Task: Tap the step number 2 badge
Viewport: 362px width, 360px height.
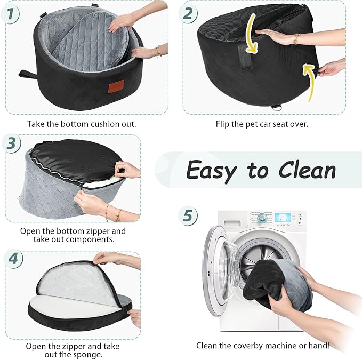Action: pos(188,13)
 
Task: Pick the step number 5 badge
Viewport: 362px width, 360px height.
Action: pos(187,216)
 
